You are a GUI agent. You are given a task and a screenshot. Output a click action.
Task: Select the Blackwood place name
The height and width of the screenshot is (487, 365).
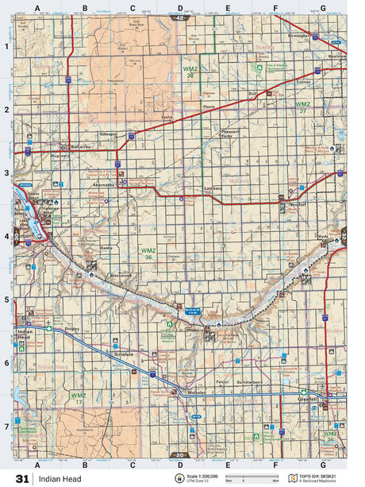pyautogui.click(x=119, y=275)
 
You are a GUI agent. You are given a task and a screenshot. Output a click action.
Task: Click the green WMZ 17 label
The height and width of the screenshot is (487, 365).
pyautogui.click(x=77, y=397)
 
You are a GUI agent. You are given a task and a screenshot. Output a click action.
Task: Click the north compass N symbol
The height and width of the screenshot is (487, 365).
pyautogui.click(x=179, y=479)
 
